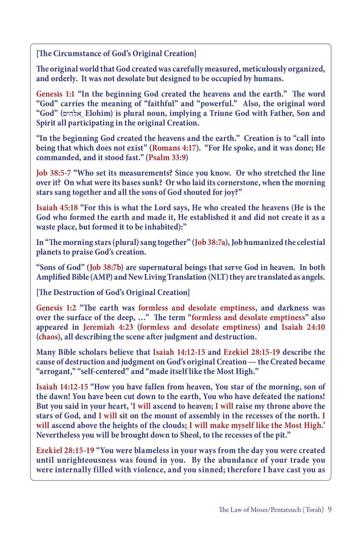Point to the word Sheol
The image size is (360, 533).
[179, 435]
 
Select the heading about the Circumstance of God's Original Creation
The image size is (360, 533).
[116, 54]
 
